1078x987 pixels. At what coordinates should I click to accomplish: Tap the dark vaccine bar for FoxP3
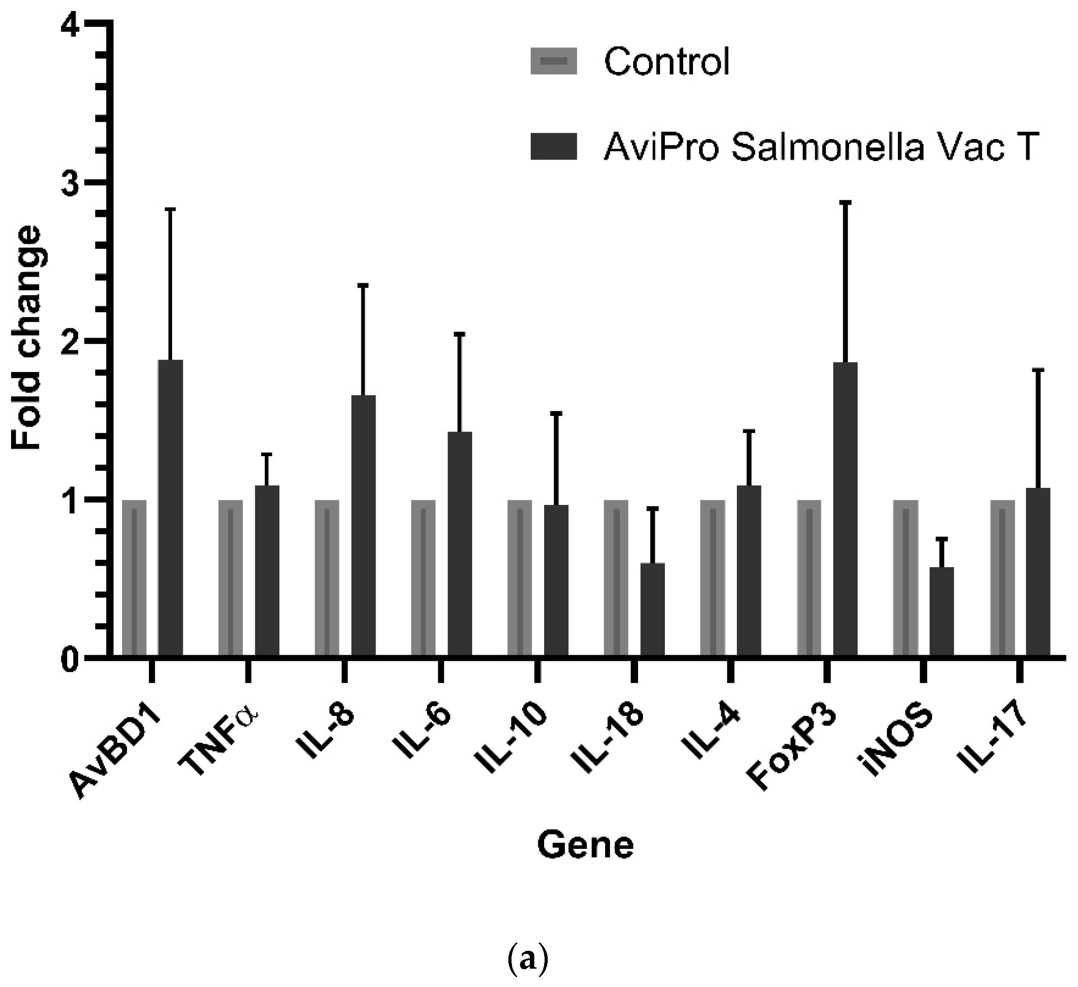(x=845, y=508)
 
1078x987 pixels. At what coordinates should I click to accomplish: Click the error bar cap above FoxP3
(x=845, y=203)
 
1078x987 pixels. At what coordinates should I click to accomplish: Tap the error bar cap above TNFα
(x=267, y=454)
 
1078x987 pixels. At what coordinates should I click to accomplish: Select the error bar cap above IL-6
(x=459, y=334)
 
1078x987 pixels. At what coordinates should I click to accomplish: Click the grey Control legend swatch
(x=554, y=61)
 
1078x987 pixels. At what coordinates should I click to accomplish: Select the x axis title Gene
(x=586, y=846)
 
